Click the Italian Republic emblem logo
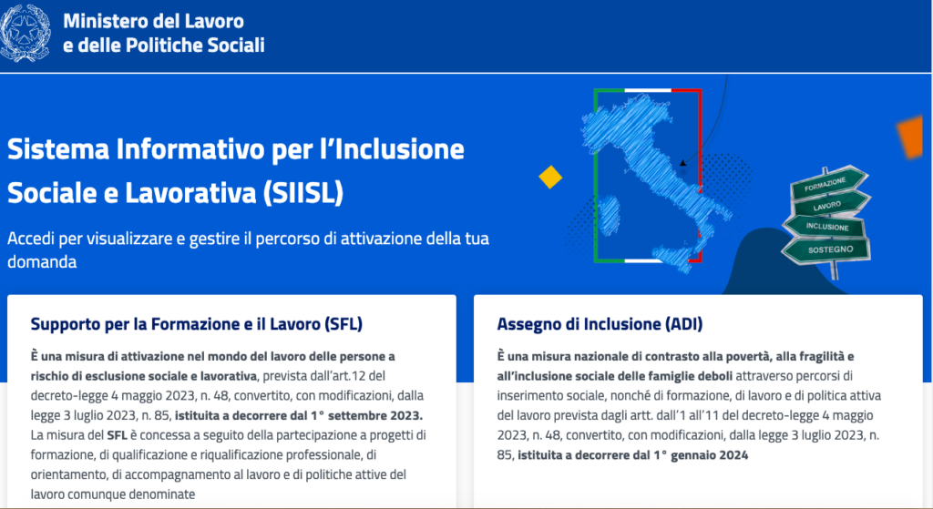click(25, 34)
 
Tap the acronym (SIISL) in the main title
click(302, 193)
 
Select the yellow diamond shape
click(550, 178)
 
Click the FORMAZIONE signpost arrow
click(828, 183)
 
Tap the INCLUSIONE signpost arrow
click(825, 226)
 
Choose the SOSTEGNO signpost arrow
click(826, 249)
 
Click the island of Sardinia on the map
click(609, 215)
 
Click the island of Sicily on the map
click(673, 259)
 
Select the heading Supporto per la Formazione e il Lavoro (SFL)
click(197, 324)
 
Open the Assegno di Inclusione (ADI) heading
click(600, 324)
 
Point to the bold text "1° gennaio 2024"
click(701, 455)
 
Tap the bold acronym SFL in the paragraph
click(118, 435)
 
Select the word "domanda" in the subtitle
click(42, 262)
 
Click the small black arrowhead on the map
click(683, 162)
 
